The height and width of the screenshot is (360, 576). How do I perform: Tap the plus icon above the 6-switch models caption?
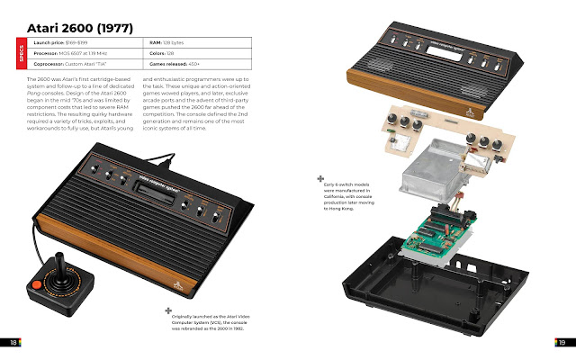point(320,179)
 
